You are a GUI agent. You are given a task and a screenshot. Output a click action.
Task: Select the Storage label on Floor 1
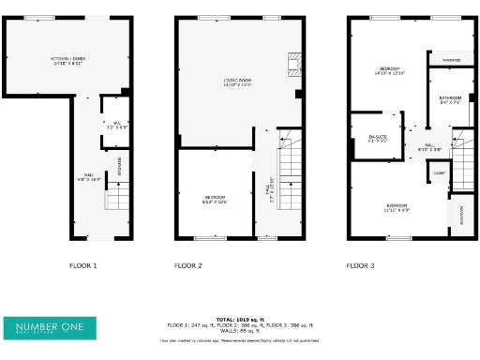[x=120, y=166]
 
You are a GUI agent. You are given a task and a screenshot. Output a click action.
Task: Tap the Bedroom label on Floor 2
[x=215, y=199]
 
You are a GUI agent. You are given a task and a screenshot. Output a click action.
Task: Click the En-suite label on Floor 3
[x=377, y=139]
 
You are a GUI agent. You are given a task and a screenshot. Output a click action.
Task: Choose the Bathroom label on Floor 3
[x=450, y=99]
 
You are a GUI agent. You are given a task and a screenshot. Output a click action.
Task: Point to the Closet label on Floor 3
[x=439, y=173]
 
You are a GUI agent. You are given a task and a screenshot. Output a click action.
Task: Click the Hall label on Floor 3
[x=430, y=147]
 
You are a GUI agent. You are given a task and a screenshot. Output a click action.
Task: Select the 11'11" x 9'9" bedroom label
[x=396, y=207]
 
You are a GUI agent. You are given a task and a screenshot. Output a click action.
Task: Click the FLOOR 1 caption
[x=83, y=266]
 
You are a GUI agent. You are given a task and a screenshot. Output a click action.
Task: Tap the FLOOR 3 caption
[x=360, y=266]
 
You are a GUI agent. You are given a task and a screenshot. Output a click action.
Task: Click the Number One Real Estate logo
[x=54, y=328]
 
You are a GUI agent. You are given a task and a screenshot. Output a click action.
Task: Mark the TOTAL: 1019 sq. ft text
[x=241, y=319]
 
